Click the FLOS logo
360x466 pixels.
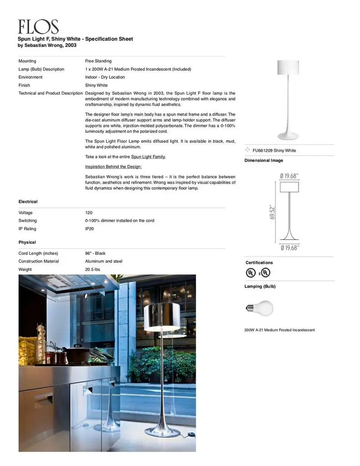tap(38, 27)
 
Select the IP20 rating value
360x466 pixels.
tap(90, 229)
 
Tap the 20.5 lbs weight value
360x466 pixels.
tap(92, 269)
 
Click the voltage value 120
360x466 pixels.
tap(89, 213)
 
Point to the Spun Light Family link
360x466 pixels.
tap(148, 157)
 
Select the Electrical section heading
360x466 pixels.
tap(28, 202)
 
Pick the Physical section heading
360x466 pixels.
tap(27, 242)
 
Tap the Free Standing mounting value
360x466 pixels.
tap(98, 61)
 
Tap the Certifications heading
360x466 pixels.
tap(259, 263)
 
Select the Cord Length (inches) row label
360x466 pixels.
tap(38, 253)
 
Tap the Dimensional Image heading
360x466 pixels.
tap(264, 161)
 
